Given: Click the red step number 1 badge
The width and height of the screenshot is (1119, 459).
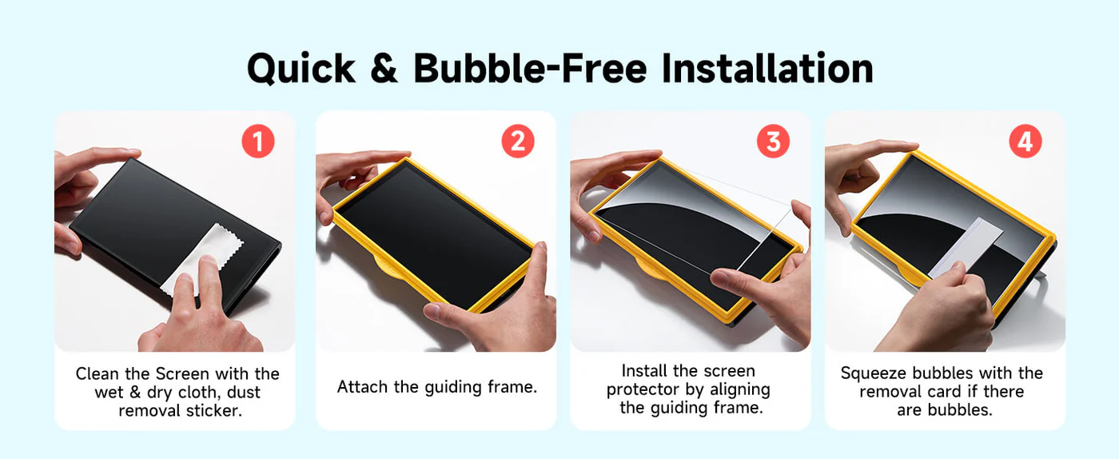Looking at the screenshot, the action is click(x=257, y=142).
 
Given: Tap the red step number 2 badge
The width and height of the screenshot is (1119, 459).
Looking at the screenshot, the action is click(x=518, y=142).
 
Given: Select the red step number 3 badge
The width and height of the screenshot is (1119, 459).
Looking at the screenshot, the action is click(x=773, y=142).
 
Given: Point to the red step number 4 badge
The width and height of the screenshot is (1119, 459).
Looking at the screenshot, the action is click(x=1025, y=142).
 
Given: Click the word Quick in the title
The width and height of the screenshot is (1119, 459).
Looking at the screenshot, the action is click(x=301, y=69).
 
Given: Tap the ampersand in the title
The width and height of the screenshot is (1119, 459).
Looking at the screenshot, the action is click(x=384, y=69).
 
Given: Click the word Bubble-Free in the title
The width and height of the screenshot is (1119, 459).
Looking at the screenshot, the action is click(x=530, y=68).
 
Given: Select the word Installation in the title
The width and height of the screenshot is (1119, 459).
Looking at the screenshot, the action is click(x=767, y=68).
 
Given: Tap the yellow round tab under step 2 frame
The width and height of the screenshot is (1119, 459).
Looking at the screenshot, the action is click(x=390, y=268).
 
